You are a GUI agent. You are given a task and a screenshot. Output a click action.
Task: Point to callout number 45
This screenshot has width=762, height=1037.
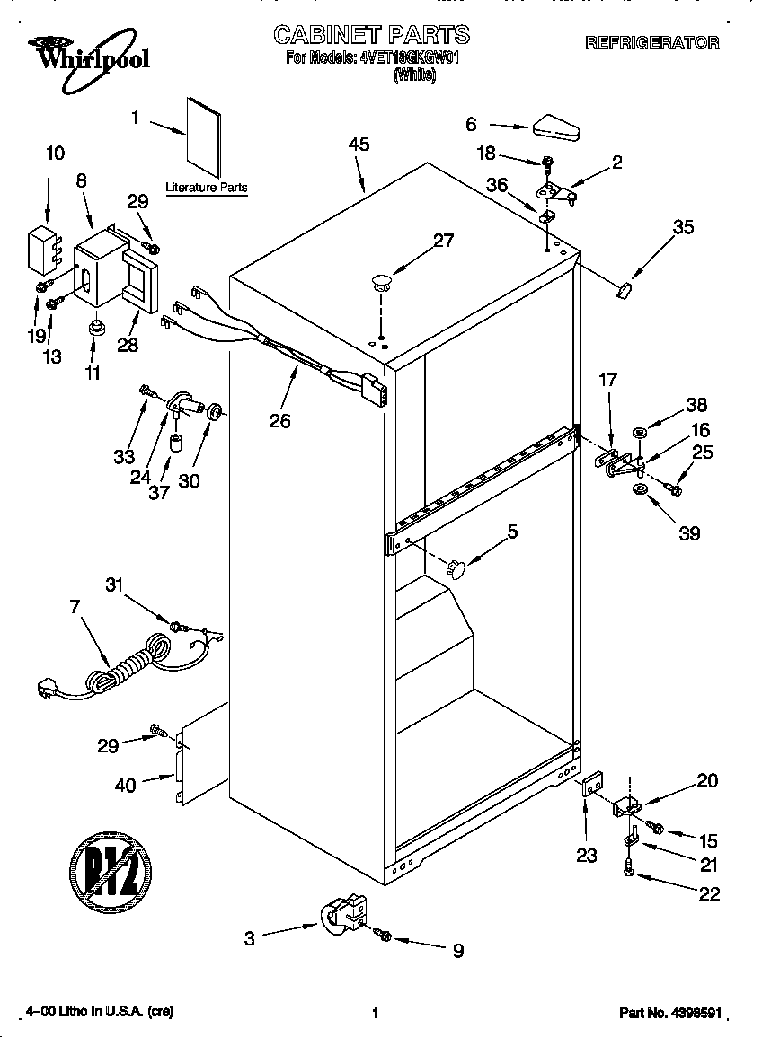pos(359,145)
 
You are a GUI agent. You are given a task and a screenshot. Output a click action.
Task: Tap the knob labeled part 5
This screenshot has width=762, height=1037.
pos(457,567)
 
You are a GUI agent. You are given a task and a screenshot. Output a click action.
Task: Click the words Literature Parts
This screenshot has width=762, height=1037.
pos(206,188)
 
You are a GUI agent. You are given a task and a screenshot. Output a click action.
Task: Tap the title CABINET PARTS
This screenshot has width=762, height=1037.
pos(371,35)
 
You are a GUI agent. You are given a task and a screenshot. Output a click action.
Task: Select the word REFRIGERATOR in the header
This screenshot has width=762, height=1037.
pos(651,42)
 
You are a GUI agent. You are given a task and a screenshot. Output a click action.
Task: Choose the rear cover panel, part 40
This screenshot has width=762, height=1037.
pos(199,751)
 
